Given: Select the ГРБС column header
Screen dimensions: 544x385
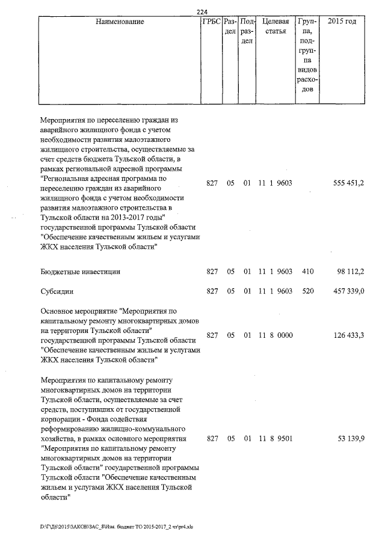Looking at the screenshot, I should tap(211, 22).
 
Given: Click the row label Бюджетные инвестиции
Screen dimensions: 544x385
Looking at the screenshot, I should tap(80, 272).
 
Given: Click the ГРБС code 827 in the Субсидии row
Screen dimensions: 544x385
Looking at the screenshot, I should tap(211, 292).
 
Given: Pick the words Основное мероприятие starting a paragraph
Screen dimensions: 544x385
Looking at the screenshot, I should tap(79, 311).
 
